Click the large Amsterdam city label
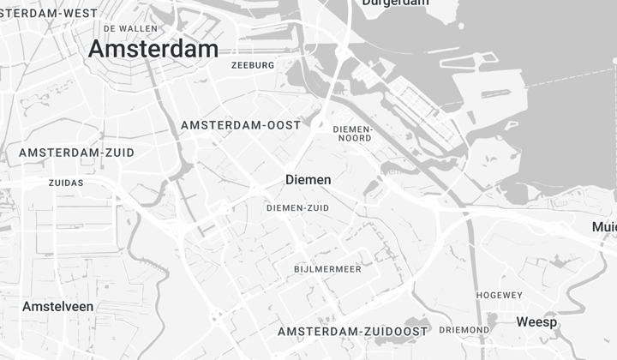click(x=153, y=50)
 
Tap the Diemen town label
click(x=308, y=181)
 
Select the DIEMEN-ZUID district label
click(x=297, y=207)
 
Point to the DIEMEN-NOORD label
click(x=352, y=134)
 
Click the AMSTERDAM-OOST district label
click(x=241, y=125)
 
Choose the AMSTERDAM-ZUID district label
click(x=76, y=153)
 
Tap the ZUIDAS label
click(x=66, y=183)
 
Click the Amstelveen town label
click(x=58, y=307)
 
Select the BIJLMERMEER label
click(x=327, y=269)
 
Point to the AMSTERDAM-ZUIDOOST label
click(x=352, y=331)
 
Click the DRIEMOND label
click(x=464, y=329)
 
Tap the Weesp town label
click(x=536, y=322)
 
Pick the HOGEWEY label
click(x=499, y=295)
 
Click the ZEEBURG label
click(x=253, y=65)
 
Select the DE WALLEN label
click(x=130, y=28)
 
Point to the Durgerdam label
click(x=395, y=3)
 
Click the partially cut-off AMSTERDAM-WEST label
click(x=47, y=13)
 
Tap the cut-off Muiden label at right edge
click(x=604, y=227)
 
